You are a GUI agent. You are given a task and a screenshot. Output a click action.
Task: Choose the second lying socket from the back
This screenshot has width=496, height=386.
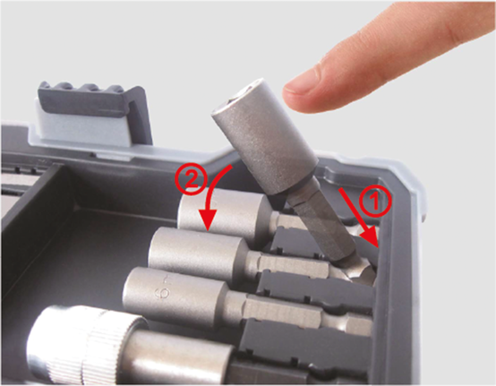click(197, 251)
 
